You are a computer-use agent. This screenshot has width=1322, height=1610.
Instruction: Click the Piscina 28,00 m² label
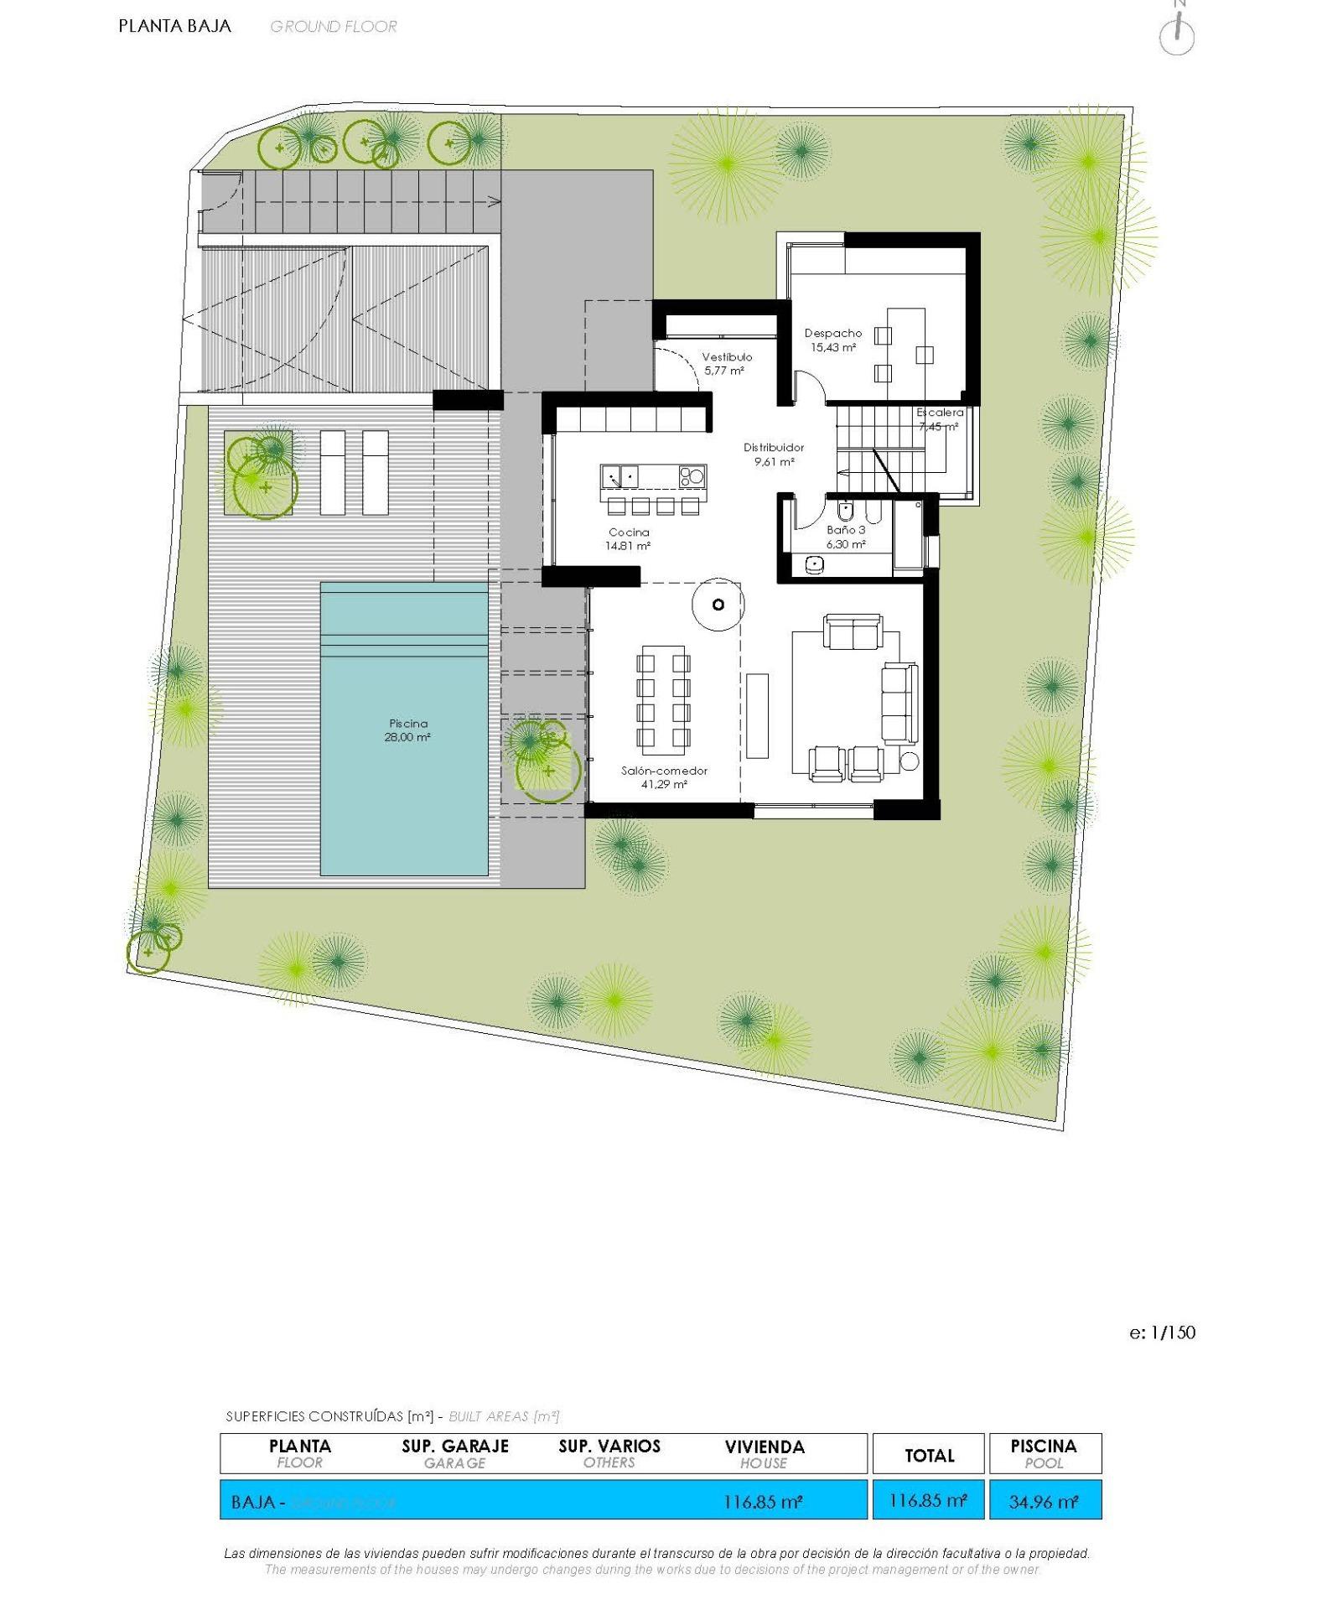point(408,730)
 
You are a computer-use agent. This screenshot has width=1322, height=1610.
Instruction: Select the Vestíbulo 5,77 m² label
point(726,363)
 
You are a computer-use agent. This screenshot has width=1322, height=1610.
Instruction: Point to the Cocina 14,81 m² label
point(629,538)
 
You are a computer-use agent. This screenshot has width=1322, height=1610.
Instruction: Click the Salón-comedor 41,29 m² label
point(664,777)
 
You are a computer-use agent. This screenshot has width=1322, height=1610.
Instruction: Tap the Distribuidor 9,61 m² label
point(774,454)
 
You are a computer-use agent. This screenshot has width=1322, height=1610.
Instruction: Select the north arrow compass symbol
point(1177,34)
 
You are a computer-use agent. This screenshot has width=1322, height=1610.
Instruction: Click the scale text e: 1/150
point(1162,1332)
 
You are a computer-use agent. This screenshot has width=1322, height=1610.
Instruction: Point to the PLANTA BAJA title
point(174,26)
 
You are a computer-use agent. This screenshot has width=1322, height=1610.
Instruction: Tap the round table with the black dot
point(717,604)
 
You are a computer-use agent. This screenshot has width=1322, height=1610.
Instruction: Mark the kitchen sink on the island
point(620,477)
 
